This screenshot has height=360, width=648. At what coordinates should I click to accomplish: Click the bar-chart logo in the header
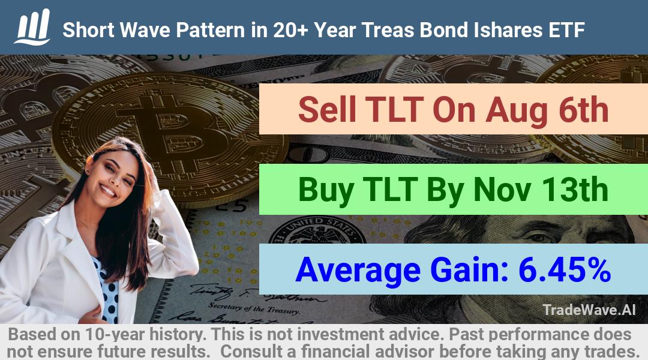coord(32,27)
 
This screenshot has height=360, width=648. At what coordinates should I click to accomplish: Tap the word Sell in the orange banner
coord(327,109)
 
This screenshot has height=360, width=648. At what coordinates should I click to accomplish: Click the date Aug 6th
coord(547,110)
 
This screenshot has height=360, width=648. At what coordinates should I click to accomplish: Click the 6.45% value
coord(565,269)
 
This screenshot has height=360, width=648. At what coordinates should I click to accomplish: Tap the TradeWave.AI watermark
coord(589,310)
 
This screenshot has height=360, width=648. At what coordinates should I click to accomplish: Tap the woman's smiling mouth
coord(108,191)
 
